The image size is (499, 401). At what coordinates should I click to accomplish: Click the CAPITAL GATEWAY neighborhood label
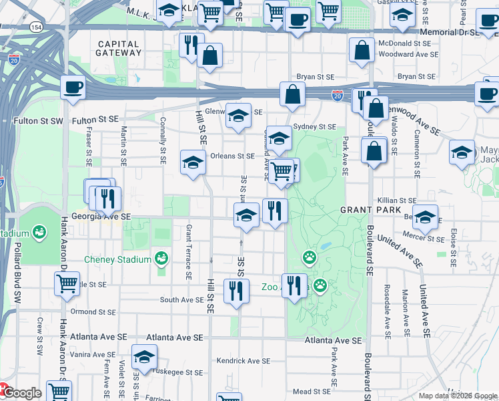(118, 48)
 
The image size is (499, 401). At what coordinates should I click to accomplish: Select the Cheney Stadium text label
(117, 259)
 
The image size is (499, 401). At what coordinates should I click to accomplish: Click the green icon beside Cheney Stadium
(161, 257)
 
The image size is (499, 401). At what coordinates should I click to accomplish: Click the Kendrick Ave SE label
(243, 361)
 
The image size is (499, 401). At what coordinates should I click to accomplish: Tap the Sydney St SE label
(314, 126)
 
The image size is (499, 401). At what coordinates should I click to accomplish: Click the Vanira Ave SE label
(91, 355)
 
